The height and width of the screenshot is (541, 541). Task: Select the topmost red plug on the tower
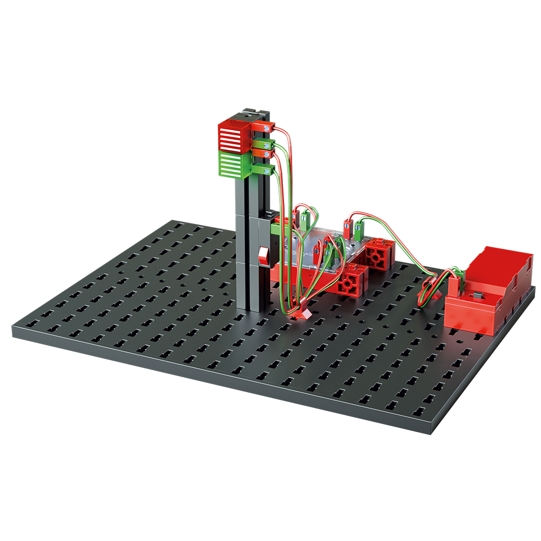(x=266, y=128)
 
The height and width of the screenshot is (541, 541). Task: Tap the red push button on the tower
(x=264, y=256)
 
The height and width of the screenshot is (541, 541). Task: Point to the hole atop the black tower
(x=247, y=115)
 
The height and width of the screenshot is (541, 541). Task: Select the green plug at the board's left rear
(x=305, y=219)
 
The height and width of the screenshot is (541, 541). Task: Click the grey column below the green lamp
(x=242, y=243)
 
